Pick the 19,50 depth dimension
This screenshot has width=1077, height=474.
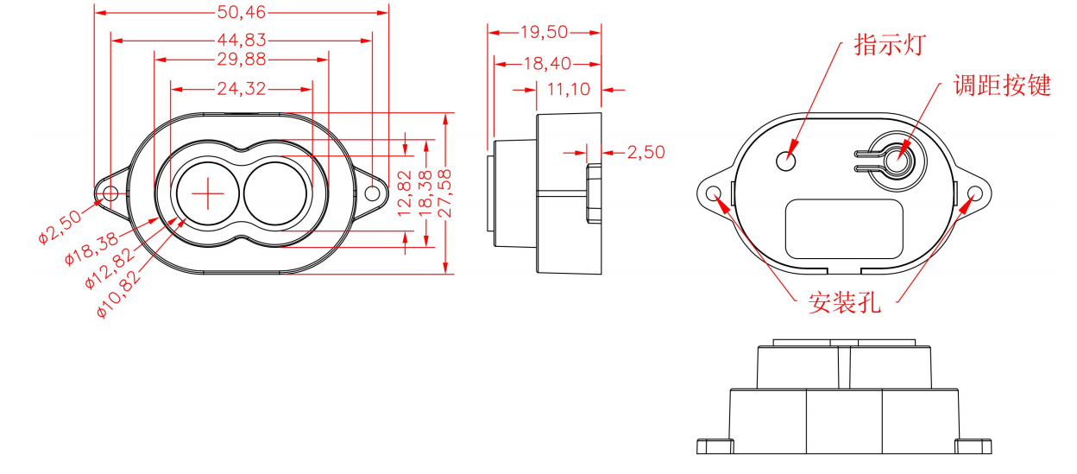(x=544, y=32)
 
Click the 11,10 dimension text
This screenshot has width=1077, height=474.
(x=568, y=88)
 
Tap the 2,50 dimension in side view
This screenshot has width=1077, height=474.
(x=646, y=152)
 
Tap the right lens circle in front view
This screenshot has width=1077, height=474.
(x=274, y=194)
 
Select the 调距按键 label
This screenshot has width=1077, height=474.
(x=1001, y=85)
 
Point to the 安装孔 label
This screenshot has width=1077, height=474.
(x=844, y=303)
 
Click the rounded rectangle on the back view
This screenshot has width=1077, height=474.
(x=845, y=229)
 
